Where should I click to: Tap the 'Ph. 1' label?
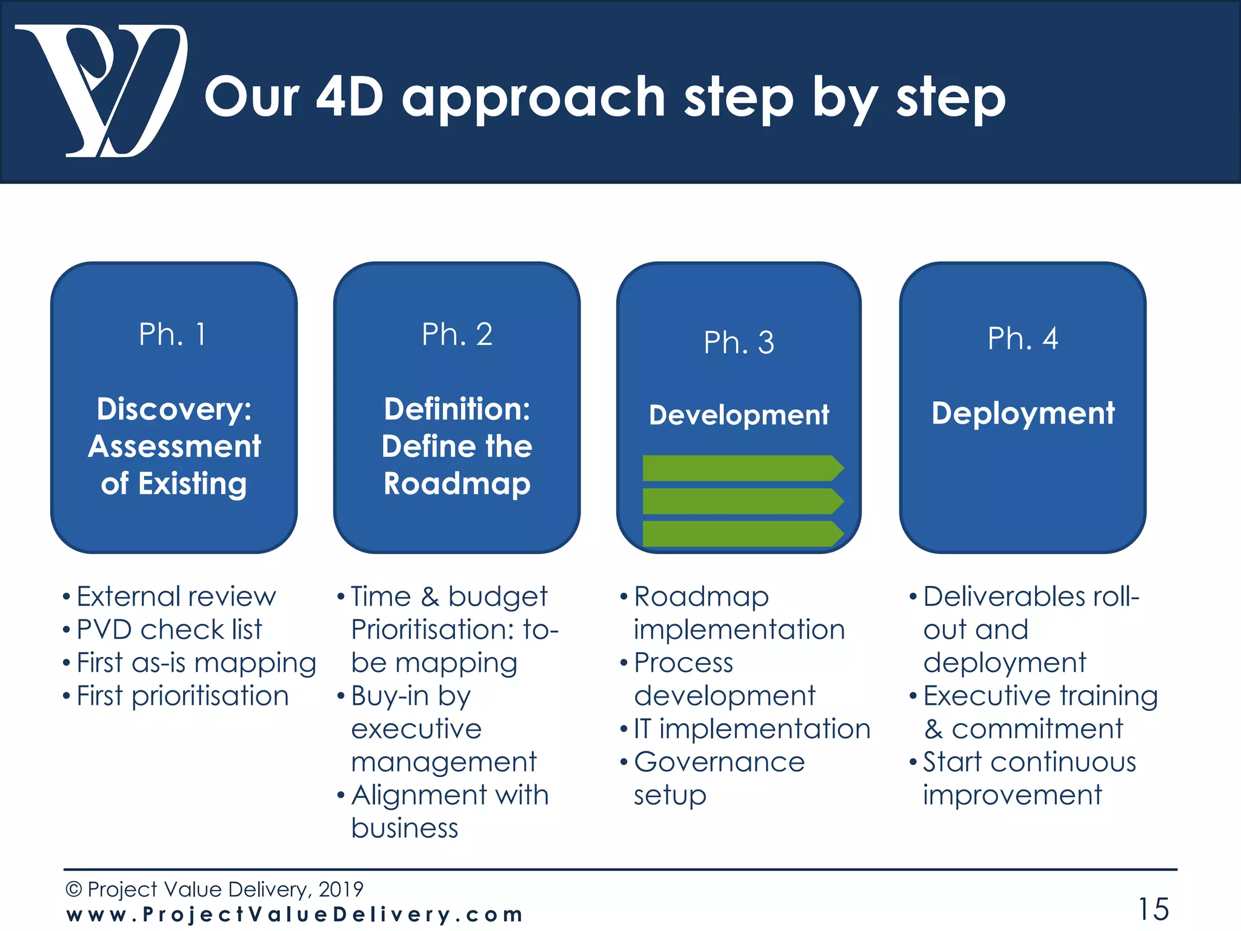coord(173,334)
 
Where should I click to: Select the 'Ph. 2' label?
coord(457,334)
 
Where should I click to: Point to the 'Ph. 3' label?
coord(739,342)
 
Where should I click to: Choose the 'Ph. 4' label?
coord(1022,338)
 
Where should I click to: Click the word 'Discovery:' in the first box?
coord(174,409)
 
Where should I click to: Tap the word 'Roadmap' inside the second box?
coord(457,484)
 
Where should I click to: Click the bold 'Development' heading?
coord(739,415)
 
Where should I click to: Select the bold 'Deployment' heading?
coord(1023,413)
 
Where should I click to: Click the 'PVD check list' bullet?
coord(169,630)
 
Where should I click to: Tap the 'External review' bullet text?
coord(176,596)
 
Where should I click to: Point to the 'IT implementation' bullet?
coord(751,729)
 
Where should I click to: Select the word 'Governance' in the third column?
coord(719,762)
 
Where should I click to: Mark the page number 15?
coord(1153,909)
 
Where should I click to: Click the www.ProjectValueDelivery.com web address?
coord(294,915)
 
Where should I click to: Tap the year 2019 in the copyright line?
coord(341,889)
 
